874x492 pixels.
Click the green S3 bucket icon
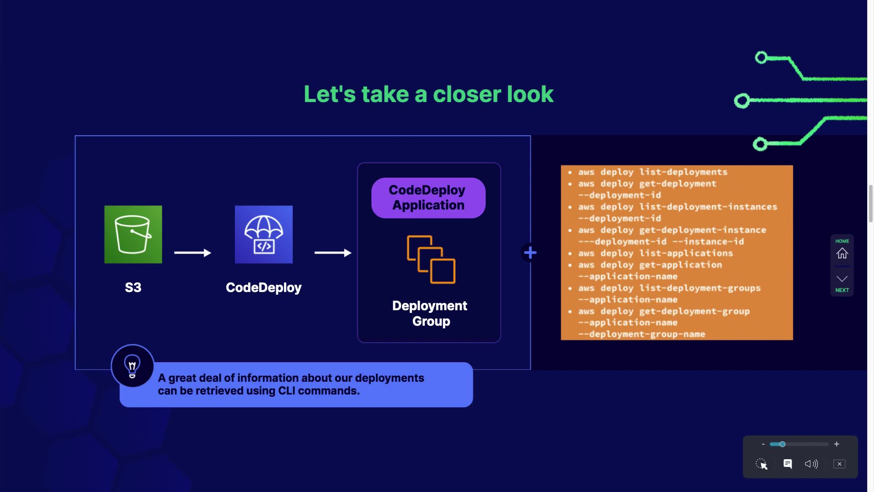(133, 234)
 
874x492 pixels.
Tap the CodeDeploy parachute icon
(264, 234)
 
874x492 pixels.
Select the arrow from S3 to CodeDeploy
(193, 253)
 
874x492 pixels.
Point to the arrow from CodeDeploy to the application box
(333, 253)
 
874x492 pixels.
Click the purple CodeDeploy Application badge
(428, 198)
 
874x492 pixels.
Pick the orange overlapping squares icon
(431, 259)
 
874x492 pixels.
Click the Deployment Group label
(430, 313)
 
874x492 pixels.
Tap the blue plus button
(530, 252)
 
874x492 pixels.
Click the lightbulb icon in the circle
(132, 366)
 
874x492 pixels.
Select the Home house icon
(842, 253)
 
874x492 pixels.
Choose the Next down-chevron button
(842, 279)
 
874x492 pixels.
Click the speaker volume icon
(811, 464)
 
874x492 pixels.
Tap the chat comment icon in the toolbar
(788, 464)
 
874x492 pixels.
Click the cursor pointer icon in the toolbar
(762, 464)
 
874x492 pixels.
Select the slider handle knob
(782, 444)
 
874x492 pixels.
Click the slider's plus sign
(836, 444)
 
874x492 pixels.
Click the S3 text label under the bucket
(133, 287)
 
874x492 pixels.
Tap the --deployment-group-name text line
(642, 334)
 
